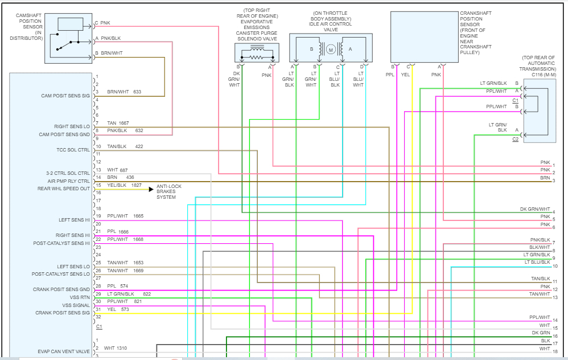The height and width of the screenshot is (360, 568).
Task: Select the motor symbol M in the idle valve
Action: pyautogui.click(x=330, y=50)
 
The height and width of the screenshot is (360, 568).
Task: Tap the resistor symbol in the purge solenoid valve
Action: pyautogui.click(x=257, y=56)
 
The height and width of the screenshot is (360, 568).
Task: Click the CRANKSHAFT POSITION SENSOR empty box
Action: pyautogui.click(x=424, y=36)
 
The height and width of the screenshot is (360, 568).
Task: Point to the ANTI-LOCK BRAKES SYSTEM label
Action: pyautogui.click(x=170, y=192)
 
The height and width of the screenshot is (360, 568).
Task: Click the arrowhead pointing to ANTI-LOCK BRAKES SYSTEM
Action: pyautogui.click(x=151, y=189)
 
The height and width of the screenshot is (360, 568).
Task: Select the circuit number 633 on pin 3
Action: pyautogui.click(x=137, y=92)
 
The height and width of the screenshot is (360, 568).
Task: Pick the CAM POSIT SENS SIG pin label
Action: pyautogui.click(x=65, y=96)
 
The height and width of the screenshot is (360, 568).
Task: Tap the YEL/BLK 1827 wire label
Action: pyautogui.click(x=124, y=185)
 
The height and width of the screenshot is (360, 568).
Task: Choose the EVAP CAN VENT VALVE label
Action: pyautogui.click(x=64, y=351)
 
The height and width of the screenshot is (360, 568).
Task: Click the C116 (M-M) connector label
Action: pyautogui.click(x=537, y=74)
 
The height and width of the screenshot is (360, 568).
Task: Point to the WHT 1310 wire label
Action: pyautogui.click(x=116, y=348)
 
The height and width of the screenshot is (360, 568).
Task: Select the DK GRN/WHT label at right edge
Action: pyautogui.click(x=535, y=210)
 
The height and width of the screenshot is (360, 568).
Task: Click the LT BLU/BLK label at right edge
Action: pyautogui.click(x=537, y=262)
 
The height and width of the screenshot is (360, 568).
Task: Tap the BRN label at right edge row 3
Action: pyautogui.click(x=545, y=178)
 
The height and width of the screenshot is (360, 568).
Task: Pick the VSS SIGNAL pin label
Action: pyautogui.click(x=76, y=305)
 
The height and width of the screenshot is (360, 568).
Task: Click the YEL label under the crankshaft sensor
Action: pyautogui.click(x=405, y=75)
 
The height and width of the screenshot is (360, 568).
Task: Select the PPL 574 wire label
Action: pyautogui.click(x=118, y=286)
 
